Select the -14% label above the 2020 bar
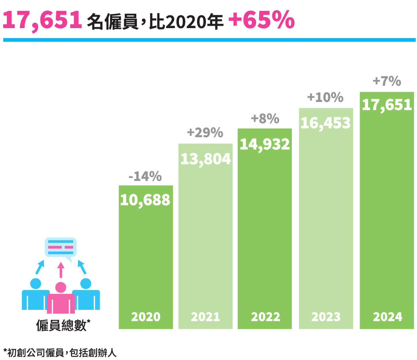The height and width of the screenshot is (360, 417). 145,176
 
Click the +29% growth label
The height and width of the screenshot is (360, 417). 205,132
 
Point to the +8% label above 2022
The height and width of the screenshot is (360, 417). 265,118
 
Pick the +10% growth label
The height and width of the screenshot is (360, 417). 325,97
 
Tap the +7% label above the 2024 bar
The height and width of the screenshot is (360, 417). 387,81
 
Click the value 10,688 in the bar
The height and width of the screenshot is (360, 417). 145,200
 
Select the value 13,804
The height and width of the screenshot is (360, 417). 205,159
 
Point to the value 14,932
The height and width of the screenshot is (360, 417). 265,144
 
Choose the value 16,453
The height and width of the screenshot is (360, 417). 326,123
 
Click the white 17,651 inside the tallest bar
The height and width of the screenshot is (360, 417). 387,105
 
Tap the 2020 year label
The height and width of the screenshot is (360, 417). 146,317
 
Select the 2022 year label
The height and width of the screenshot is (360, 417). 265,317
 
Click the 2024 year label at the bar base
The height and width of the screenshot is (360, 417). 388,317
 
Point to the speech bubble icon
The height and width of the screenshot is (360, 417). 61,248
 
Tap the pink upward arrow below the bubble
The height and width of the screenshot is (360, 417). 61,270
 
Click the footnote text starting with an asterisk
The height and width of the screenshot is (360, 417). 60,352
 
